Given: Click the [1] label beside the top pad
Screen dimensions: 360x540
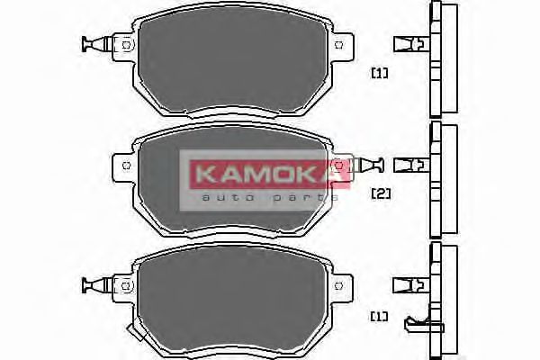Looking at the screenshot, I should point(379,73).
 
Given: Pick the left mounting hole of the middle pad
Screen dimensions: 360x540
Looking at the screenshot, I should point(125,164).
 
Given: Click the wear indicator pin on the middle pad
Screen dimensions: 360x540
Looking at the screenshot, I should point(368,164).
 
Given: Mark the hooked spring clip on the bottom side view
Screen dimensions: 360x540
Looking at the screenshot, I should point(416,322).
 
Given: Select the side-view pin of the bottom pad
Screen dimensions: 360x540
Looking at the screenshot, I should point(409,284).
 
